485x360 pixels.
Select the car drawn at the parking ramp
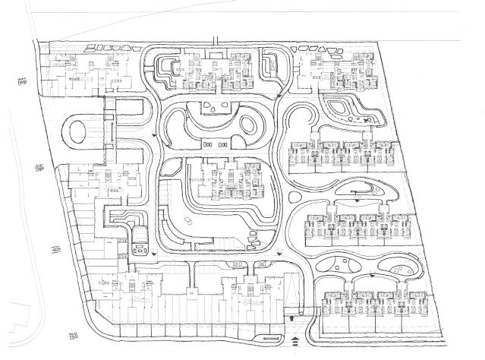[140, 248]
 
